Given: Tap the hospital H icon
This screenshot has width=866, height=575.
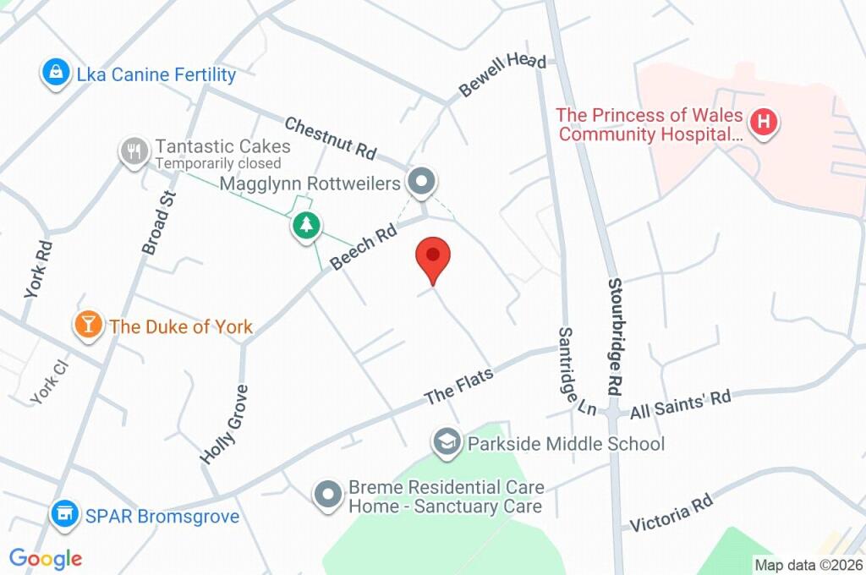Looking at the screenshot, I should click(x=764, y=123).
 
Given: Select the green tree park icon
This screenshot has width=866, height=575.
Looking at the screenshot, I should click(x=306, y=226).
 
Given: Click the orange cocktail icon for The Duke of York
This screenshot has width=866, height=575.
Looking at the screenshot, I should click(x=87, y=326).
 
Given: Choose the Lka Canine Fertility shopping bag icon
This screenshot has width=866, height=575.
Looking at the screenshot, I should click(x=55, y=74).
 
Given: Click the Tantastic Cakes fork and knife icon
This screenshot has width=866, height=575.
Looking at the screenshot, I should click(x=133, y=152).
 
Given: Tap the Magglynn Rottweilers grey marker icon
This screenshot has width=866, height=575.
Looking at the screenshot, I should click(x=420, y=181).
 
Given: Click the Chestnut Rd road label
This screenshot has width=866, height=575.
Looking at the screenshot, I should click(x=330, y=139).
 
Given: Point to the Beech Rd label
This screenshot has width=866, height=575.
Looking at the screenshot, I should click(x=364, y=246).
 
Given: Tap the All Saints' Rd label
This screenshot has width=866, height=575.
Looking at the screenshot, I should click(x=680, y=402).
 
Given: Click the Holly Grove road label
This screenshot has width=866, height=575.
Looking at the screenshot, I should click(x=224, y=424).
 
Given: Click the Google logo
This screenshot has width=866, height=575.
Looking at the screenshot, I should click(x=46, y=558).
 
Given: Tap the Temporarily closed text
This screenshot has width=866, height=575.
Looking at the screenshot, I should click(x=216, y=163).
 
